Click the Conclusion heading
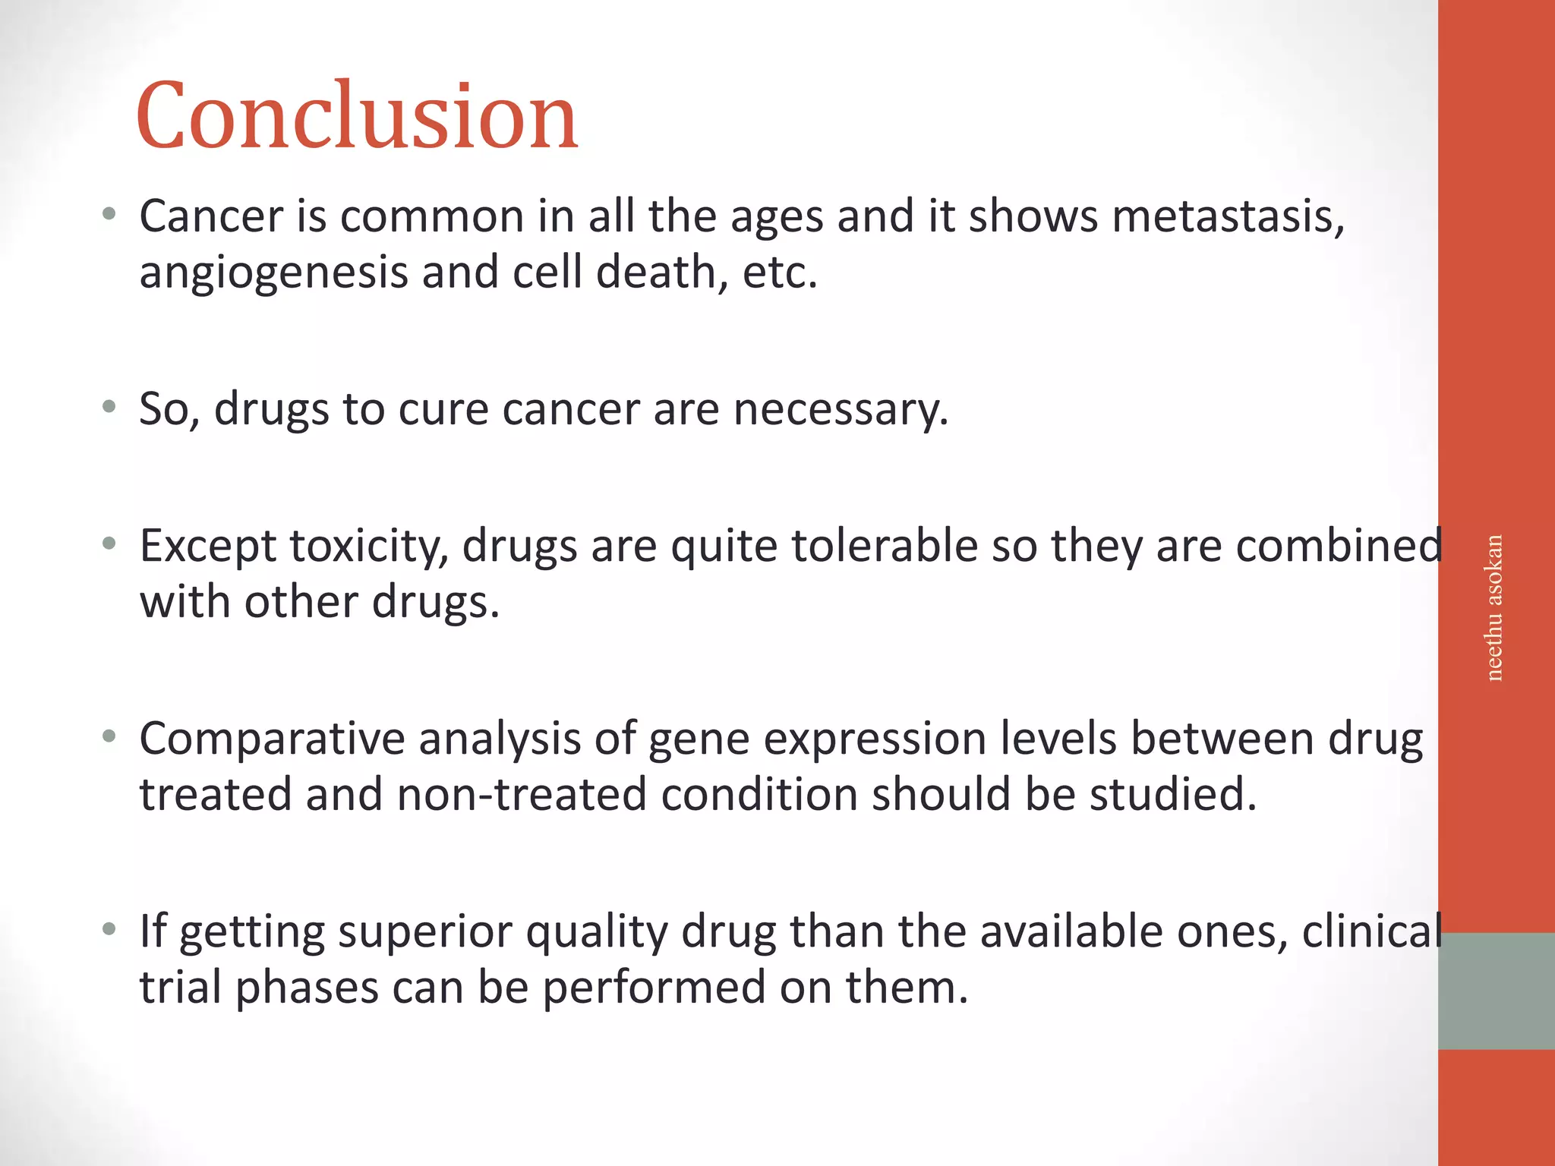click(357, 115)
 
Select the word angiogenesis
click(274, 273)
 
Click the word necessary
click(840, 409)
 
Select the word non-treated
click(522, 795)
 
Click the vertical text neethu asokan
click(1493, 608)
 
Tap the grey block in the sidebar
click(1496, 991)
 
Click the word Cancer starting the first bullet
click(211, 216)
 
